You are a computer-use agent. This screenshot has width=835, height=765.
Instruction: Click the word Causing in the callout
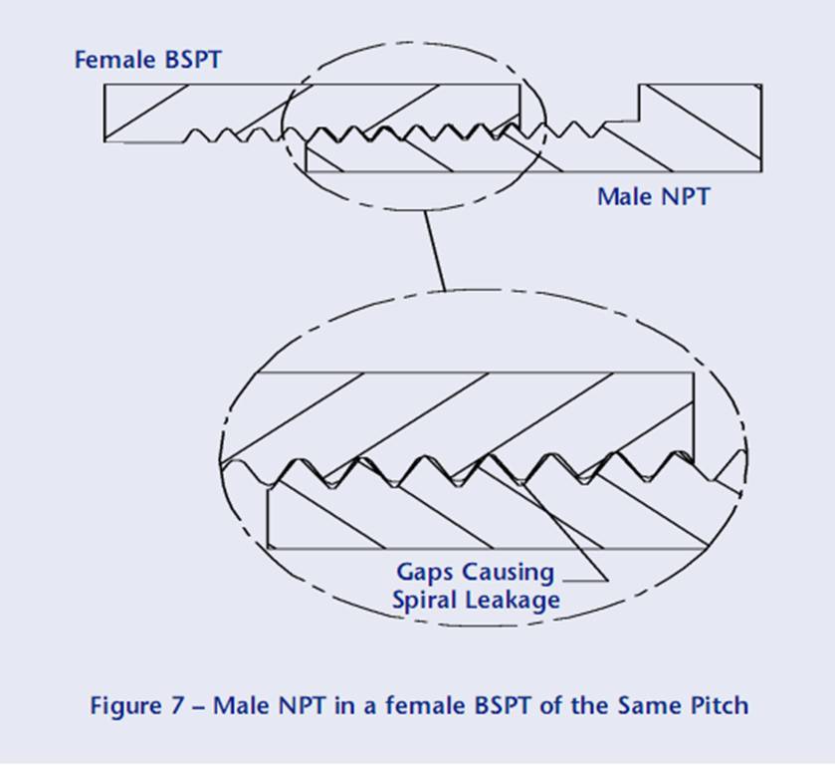pyautogui.click(x=508, y=573)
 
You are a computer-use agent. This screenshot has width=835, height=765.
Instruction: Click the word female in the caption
pyautogui.click(x=410, y=706)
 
